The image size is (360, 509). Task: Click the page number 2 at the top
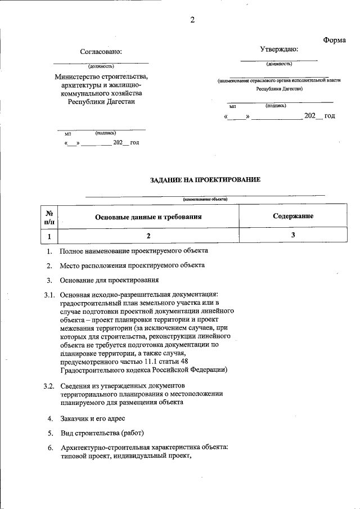click(192, 21)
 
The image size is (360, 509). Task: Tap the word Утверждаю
click(279, 49)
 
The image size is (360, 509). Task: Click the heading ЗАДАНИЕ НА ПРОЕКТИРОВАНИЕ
click(205, 180)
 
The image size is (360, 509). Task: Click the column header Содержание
click(293, 216)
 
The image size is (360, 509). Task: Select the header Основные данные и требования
click(148, 217)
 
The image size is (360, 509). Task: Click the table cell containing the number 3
click(293, 236)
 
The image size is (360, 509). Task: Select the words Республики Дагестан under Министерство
click(101, 102)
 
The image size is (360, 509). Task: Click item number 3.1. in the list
click(49, 295)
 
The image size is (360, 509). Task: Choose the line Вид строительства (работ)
click(102, 433)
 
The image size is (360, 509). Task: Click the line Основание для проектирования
click(109, 280)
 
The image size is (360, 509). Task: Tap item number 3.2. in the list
click(49, 386)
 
